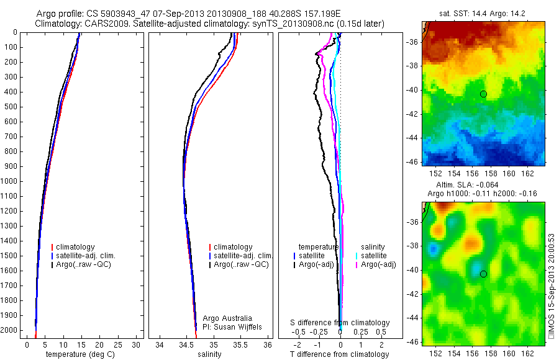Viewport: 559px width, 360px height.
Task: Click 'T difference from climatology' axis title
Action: coord(340,354)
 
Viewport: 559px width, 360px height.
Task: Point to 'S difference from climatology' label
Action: coord(340,323)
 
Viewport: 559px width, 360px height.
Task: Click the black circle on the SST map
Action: coord(483,94)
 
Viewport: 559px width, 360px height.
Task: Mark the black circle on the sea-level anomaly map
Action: coord(483,274)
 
